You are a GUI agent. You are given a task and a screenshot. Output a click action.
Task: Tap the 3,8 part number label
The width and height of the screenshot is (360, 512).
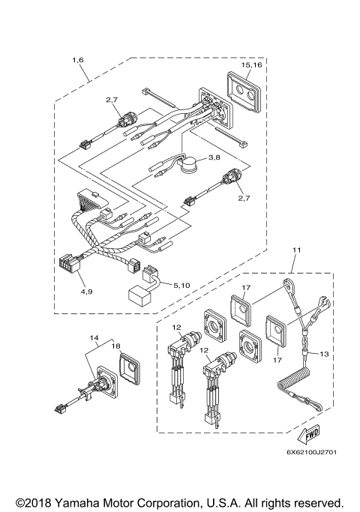pos(235,157)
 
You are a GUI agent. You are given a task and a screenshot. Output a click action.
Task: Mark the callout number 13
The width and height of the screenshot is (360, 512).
pos(324,353)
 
